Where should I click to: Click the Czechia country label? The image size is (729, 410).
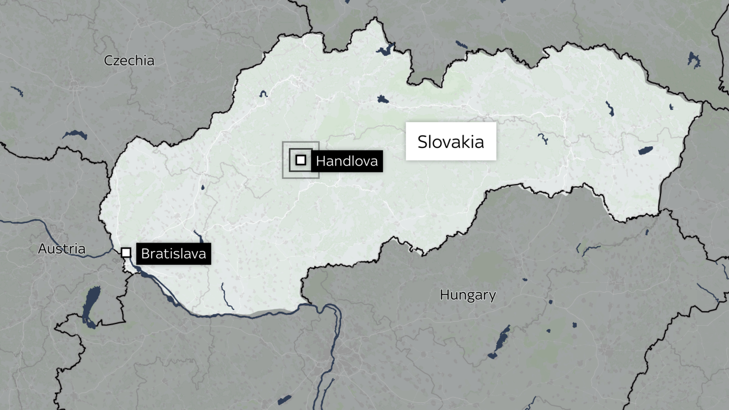(129, 61)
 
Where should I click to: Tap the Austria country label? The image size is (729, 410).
(62, 248)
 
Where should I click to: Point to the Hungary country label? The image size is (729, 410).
(467, 295)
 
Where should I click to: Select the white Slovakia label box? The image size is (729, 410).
(451, 141)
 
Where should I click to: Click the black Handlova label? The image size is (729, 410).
(347, 161)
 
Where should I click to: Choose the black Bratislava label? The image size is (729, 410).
(173, 254)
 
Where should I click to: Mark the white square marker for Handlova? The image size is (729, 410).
(301, 160)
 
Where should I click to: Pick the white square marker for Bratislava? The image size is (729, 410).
(126, 253)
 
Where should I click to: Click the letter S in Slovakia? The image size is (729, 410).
(422, 142)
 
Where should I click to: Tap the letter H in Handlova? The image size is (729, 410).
(320, 161)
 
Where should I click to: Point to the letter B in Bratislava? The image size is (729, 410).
(145, 254)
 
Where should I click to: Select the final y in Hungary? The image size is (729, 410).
(492, 296)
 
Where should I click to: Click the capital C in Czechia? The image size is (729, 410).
(108, 61)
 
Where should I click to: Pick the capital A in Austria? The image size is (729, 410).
(42, 248)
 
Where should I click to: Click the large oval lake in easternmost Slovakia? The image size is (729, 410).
(645, 151)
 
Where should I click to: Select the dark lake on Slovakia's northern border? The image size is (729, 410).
(384, 50)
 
